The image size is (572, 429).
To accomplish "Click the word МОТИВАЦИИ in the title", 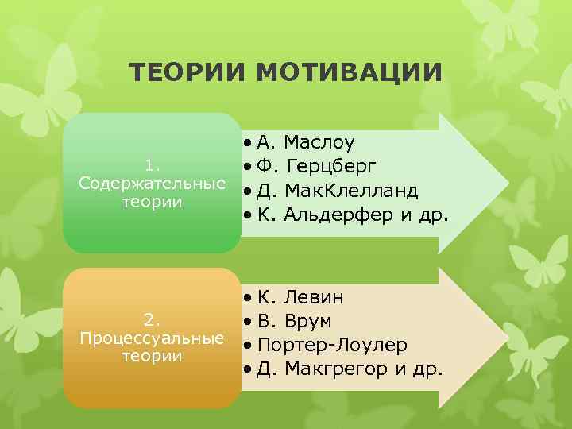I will click(350, 73).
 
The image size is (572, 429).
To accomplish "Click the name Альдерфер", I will click(334, 215).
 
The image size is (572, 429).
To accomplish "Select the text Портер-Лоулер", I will click(333, 346).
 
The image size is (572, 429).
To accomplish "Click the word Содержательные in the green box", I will click(152, 184).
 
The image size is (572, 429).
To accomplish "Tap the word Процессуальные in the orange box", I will click(152, 338).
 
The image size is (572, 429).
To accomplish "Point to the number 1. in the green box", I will click(152, 165).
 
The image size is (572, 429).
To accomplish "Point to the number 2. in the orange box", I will click(152, 320).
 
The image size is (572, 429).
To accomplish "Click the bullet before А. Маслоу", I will click(249, 143).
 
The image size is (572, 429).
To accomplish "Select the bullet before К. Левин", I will click(249, 298).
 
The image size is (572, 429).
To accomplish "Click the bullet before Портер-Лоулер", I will click(249, 346).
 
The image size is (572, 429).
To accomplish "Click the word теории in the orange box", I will click(152, 356).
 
